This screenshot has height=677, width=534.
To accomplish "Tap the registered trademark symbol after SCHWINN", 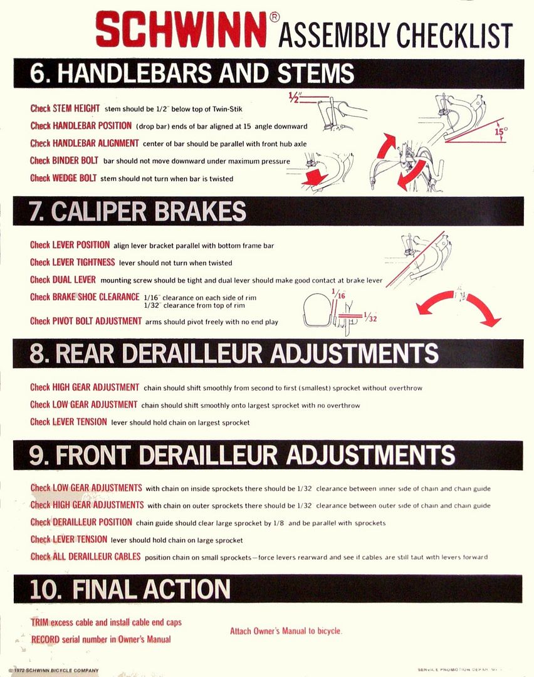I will (x=275, y=18).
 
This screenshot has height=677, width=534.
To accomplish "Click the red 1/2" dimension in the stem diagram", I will (x=294, y=97).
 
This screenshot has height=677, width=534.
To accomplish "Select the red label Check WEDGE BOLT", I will (x=63, y=178).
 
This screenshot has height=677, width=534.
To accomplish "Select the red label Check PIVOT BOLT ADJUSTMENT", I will (x=86, y=321).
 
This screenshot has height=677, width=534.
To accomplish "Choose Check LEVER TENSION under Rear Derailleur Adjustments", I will (x=68, y=422).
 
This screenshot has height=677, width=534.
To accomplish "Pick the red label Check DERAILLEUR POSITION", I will (x=81, y=522).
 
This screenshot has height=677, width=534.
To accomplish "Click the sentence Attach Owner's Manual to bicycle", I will (x=286, y=631).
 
